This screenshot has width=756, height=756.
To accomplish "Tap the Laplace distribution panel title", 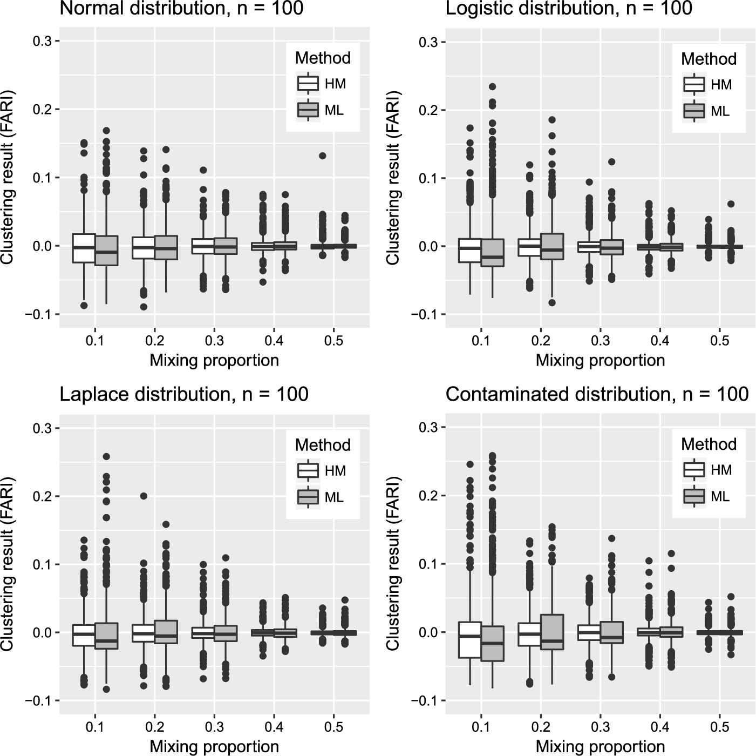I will point(183,394).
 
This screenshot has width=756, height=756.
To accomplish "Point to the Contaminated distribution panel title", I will point(597,394).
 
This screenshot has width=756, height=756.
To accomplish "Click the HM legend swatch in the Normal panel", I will point(308,84).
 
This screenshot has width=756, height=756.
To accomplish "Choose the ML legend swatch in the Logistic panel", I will point(694,111).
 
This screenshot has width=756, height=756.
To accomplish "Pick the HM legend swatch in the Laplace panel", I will point(308,470).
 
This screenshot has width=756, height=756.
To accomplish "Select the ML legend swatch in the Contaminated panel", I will point(694,496).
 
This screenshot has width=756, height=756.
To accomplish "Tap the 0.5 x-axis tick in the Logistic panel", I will point(720,341).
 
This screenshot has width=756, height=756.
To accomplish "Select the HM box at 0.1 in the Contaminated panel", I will point(470,640).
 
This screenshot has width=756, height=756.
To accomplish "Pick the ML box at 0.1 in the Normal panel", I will point(106,251).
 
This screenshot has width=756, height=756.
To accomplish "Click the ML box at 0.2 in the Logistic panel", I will point(551,247).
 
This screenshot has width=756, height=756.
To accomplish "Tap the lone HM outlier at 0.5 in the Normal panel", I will point(322,156).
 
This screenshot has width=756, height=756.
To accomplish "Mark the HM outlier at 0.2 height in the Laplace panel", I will point(144,496).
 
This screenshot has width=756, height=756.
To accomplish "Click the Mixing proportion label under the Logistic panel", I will point(600,360).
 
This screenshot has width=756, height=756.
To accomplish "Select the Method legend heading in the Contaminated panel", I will point(709,444).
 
